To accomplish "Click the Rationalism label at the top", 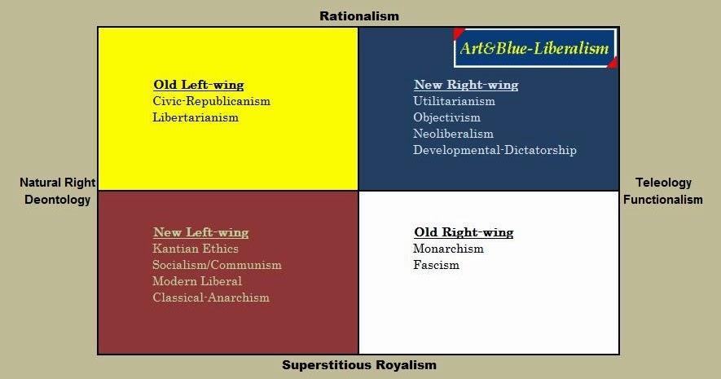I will coord(359,15).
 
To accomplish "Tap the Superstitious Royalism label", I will coord(359,365).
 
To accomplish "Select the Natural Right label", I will coord(57,183).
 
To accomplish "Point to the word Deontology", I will coord(57,200).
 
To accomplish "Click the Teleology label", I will coord(663,183).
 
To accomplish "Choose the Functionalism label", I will coord(663,200).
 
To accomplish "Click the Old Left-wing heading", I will coord(198,85).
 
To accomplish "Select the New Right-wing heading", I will coord(465,85).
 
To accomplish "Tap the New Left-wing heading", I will coord(200,232).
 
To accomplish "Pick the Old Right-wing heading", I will coord(464,232).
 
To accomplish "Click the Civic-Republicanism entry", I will coord(211,102).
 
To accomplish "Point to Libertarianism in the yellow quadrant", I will coord(196,117).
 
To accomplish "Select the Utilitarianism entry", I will coord(454,101).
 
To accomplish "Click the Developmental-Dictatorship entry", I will coord(495,150).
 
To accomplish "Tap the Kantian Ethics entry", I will coord(196,249).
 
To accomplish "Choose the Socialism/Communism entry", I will coord(217,265).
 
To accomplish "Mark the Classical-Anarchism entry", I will coord(210,297).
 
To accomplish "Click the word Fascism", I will coord(436,265).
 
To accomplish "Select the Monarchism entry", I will coord(448,249).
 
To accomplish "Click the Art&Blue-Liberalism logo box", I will coord(534,49).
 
